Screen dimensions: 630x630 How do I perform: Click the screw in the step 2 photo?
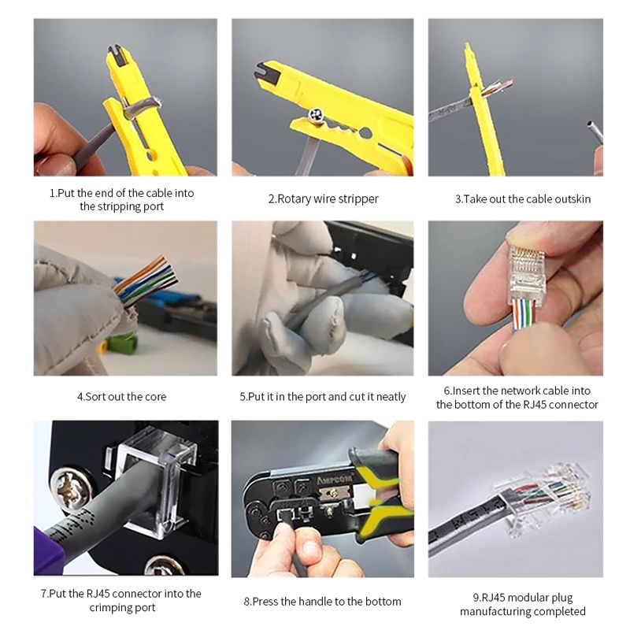click(x=316, y=116)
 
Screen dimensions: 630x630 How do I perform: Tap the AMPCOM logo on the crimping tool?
click(x=334, y=480)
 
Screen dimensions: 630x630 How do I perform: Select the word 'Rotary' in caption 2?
click(x=294, y=199)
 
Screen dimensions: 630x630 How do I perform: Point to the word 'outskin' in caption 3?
click(x=573, y=199)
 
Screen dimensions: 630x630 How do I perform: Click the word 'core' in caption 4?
click(x=155, y=397)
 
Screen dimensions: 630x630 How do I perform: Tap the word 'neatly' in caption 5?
click(x=391, y=397)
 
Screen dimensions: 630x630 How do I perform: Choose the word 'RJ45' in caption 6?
click(x=527, y=404)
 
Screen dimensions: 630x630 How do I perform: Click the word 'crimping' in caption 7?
click(x=106, y=607)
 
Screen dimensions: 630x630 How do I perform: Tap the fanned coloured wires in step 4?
click(x=146, y=280)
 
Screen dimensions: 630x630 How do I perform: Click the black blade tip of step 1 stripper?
click(x=117, y=55)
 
